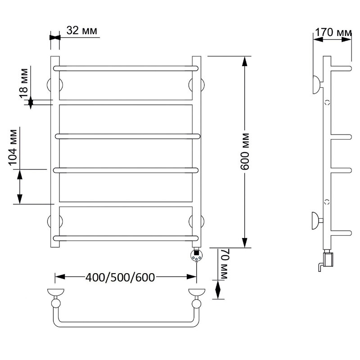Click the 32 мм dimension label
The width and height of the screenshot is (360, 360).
coord(82,31)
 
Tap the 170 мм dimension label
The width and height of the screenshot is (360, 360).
coord(333,32)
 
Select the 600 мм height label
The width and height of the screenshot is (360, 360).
coord(245,151)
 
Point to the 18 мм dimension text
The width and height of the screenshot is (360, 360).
coord(24,83)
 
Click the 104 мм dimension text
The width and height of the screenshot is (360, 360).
coord(13,148)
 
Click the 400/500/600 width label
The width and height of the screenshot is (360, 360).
coord(120,277)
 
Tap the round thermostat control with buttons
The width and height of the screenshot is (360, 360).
coord(197,256)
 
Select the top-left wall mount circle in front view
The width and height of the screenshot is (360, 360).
coord(54,85)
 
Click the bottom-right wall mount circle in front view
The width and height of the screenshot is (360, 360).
coord(197,221)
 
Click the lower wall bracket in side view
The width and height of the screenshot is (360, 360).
coord(317,221)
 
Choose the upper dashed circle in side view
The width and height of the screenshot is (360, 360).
coord(327,103)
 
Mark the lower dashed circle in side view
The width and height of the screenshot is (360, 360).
coord(327,202)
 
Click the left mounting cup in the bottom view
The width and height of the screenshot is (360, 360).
coord(55,292)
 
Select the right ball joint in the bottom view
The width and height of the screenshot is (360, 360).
coord(197,304)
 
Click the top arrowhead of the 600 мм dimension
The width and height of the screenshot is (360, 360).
coord(245,61)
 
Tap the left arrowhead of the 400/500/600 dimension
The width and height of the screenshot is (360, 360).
coord(60,277)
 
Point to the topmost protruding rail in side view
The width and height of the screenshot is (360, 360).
coord(341,68)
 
